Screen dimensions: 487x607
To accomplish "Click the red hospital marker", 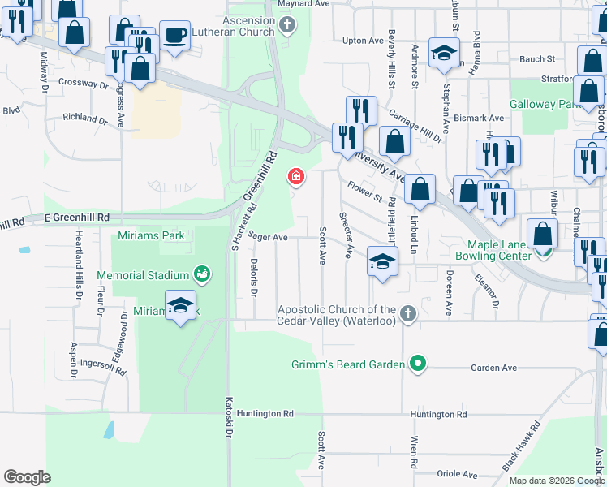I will click(x=296, y=176).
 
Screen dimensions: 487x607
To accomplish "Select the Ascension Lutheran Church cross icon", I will click(x=286, y=25).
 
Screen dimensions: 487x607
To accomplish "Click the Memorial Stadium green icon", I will click(x=200, y=275).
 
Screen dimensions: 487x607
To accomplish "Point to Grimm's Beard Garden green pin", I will click(x=418, y=364).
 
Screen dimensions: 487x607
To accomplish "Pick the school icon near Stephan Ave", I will click(x=443, y=54).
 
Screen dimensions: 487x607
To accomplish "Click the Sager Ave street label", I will click(x=269, y=237).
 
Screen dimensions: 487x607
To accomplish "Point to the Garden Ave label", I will click(x=494, y=368).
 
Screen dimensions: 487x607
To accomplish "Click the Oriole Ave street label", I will click(x=457, y=474).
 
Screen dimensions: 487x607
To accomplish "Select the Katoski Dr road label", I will click(x=228, y=423).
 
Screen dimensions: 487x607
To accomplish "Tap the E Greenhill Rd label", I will click(x=76, y=218).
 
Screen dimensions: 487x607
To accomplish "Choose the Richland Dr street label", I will click(x=85, y=118).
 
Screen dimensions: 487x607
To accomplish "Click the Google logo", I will click(x=27, y=477).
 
